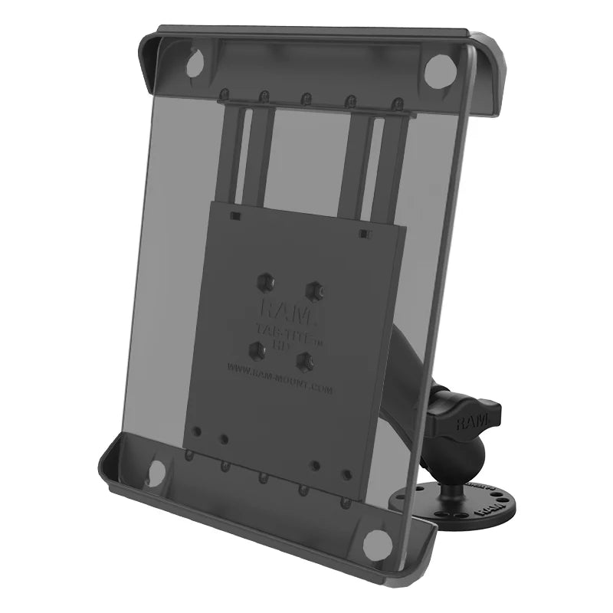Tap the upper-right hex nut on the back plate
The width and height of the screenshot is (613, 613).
click(313, 290)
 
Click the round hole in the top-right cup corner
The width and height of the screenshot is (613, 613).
click(436, 70)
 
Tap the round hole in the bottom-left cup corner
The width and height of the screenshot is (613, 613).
click(155, 472)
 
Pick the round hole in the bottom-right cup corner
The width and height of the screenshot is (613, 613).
click(376, 543)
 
